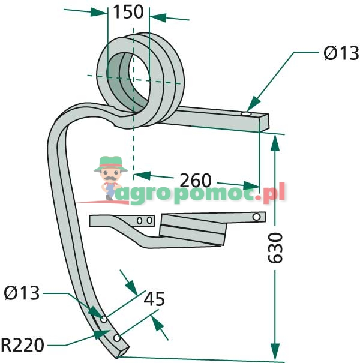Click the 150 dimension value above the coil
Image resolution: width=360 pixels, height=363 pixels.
(128, 12)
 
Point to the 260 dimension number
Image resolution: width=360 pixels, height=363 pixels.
(195, 180)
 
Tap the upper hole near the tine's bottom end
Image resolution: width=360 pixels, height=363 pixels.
(104, 318)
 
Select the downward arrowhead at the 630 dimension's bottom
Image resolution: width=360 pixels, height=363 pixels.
(275, 352)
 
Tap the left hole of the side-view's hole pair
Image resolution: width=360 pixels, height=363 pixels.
(139, 221)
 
